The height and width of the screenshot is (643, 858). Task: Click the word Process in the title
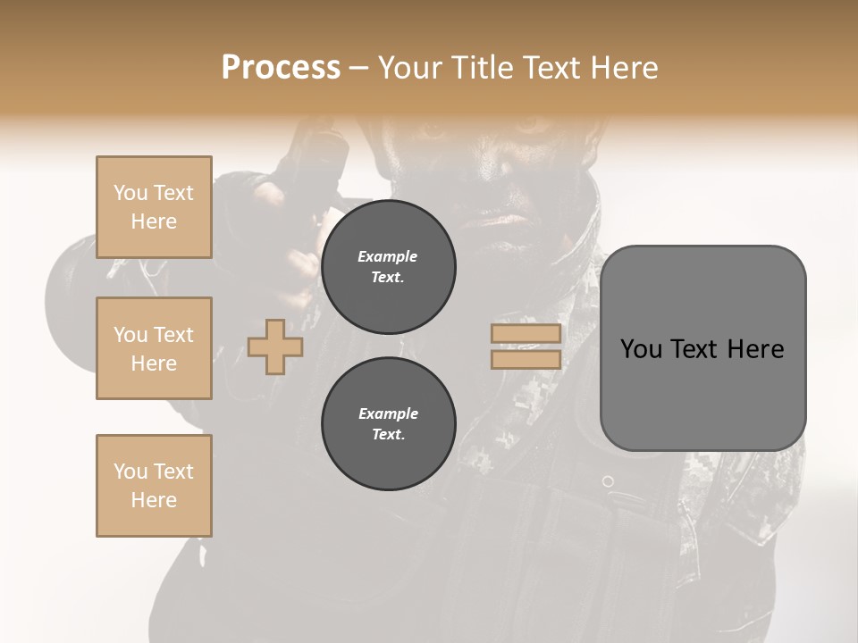tap(281, 68)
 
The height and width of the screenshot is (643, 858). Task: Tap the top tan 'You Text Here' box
tap(154, 207)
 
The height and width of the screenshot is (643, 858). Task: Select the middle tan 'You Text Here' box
tap(154, 348)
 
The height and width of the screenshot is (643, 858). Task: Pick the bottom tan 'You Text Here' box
tap(154, 486)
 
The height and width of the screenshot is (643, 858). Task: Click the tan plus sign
tap(275, 347)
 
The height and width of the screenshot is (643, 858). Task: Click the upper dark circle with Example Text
tap(388, 267)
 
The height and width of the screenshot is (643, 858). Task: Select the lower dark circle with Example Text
tap(388, 424)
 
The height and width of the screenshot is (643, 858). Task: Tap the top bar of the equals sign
tap(526, 334)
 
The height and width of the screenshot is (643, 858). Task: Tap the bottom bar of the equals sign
tap(526, 360)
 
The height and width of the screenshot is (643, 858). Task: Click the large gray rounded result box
tap(702, 393)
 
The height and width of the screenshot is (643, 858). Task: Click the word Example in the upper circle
tap(388, 256)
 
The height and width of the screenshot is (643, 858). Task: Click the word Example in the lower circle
tap(388, 413)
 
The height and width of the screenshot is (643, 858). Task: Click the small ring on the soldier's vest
tap(608, 481)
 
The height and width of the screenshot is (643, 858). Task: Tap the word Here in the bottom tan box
tap(154, 500)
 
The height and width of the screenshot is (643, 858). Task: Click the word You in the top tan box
tap(130, 193)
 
